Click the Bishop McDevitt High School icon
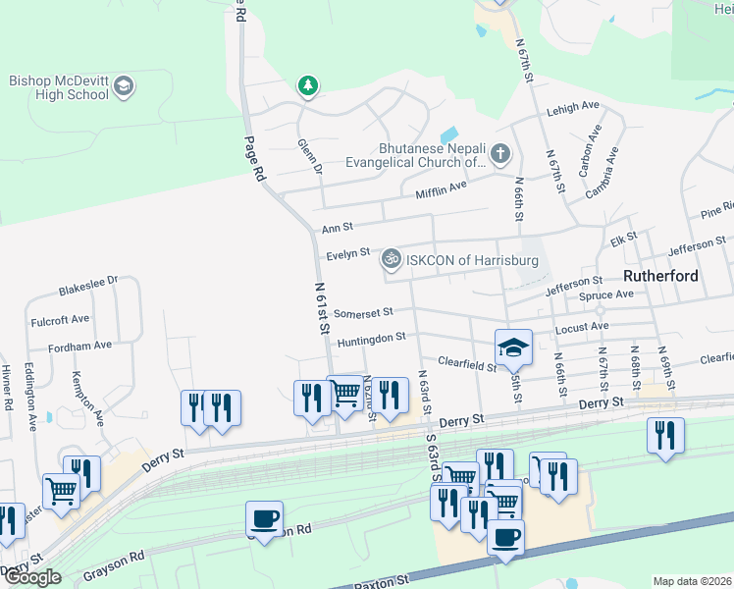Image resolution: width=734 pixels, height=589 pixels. (124, 86)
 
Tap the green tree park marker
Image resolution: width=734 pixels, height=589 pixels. (308, 86)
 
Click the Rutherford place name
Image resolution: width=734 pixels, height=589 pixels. (661, 276)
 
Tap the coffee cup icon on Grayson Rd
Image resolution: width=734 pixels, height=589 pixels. (265, 518)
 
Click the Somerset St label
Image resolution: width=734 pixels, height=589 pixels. (363, 313)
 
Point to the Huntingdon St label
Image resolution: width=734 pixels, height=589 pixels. (371, 338)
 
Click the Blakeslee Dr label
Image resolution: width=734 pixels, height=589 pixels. (87, 292)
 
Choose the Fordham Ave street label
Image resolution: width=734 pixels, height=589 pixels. (70, 346)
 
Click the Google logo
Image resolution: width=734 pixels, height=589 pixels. (32, 577)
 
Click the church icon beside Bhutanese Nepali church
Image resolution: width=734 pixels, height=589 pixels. (500, 153)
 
